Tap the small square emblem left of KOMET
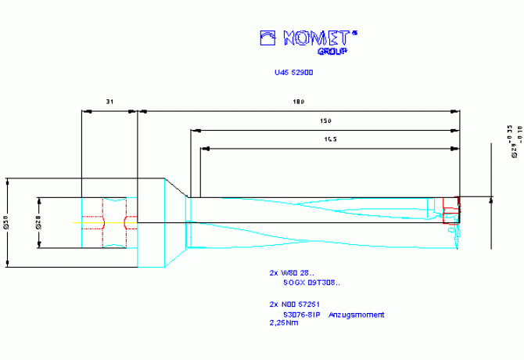point(268,38)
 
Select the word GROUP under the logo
point(332,51)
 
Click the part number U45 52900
point(294,74)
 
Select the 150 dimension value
point(325,121)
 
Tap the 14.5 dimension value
point(329,139)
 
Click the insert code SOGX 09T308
point(311,283)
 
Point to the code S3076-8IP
point(301,315)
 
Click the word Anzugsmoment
point(357,315)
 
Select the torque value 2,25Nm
point(282,322)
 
